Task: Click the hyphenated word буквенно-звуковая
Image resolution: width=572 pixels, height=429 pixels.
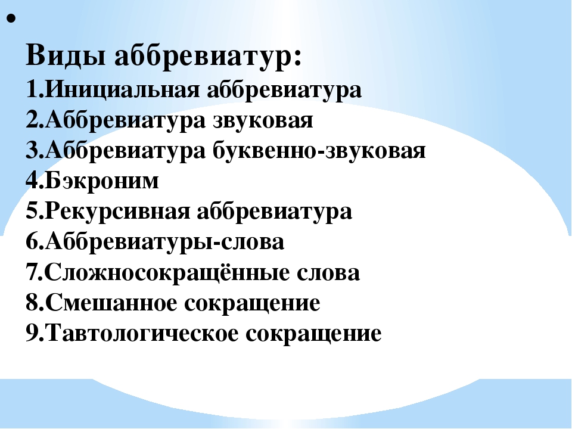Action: click(319, 151)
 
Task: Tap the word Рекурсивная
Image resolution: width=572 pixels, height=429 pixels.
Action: click(117, 212)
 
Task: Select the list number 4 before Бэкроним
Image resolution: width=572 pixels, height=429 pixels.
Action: click(32, 181)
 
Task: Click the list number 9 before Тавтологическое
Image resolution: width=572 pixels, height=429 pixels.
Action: click(32, 334)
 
